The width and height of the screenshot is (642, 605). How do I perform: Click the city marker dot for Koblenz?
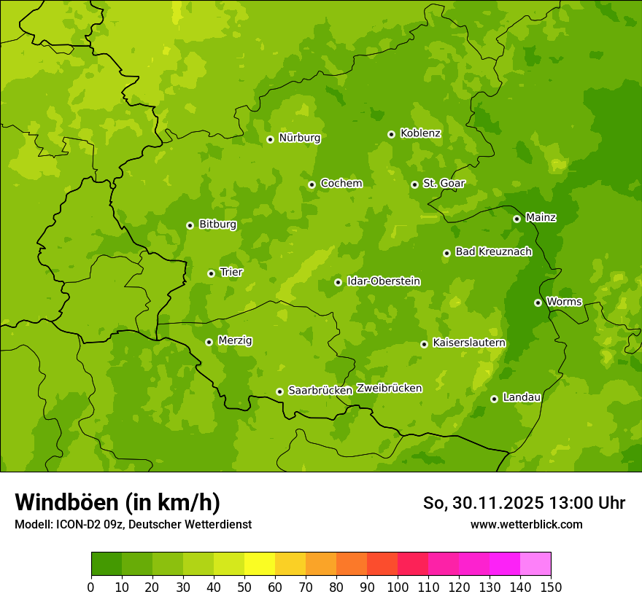(392, 134)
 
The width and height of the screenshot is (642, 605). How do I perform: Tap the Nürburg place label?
(299, 138)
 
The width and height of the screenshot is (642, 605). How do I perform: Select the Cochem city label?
(341, 184)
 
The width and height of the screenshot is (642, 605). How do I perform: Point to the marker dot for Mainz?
(517, 219)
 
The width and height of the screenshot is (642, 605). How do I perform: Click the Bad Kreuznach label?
(493, 252)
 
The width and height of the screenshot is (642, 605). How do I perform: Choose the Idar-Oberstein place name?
(383, 281)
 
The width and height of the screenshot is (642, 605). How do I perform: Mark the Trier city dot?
(212, 273)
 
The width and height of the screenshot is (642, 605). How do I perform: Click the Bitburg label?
(217, 225)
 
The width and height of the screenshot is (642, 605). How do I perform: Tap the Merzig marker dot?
(209, 342)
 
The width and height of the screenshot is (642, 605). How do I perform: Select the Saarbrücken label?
(320, 391)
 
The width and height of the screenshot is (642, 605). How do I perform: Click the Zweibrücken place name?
(389, 389)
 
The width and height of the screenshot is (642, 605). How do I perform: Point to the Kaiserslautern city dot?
(424, 344)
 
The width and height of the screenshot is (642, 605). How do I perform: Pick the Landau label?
(522, 398)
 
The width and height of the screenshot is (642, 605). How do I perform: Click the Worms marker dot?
(538, 302)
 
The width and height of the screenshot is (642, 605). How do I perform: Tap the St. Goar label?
(444, 184)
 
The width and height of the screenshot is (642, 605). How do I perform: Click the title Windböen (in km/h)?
(117, 502)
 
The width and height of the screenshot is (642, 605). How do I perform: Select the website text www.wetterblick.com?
(526, 524)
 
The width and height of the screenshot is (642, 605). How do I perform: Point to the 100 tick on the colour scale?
(398, 586)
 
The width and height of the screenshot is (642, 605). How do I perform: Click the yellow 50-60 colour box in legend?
(260, 564)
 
